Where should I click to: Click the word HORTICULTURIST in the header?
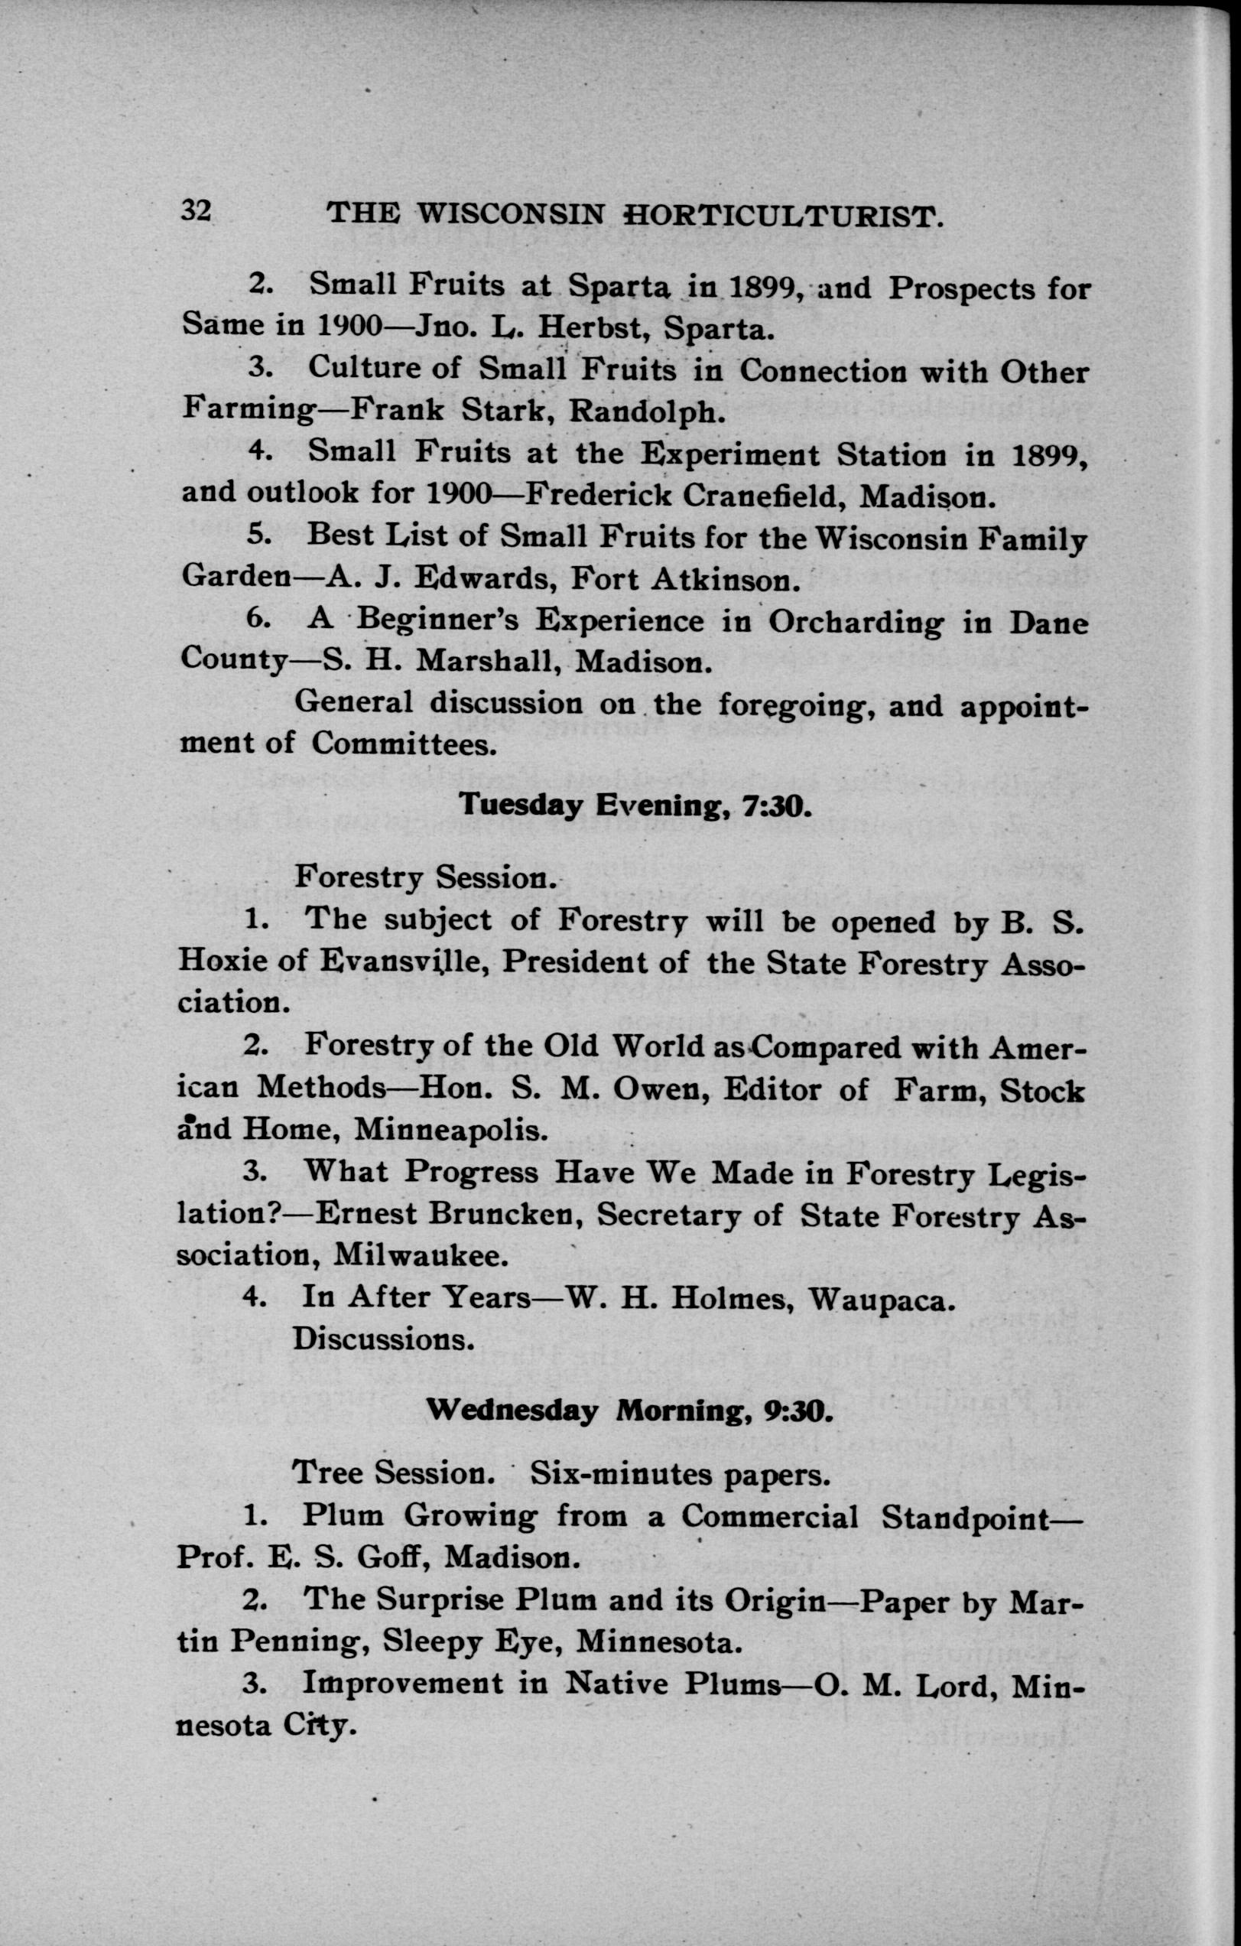pos(784,216)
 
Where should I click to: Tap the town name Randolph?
pos(642,412)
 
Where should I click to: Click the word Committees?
pos(404,744)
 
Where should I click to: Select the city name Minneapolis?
pos(451,1129)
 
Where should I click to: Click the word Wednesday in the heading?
pos(512,1411)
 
